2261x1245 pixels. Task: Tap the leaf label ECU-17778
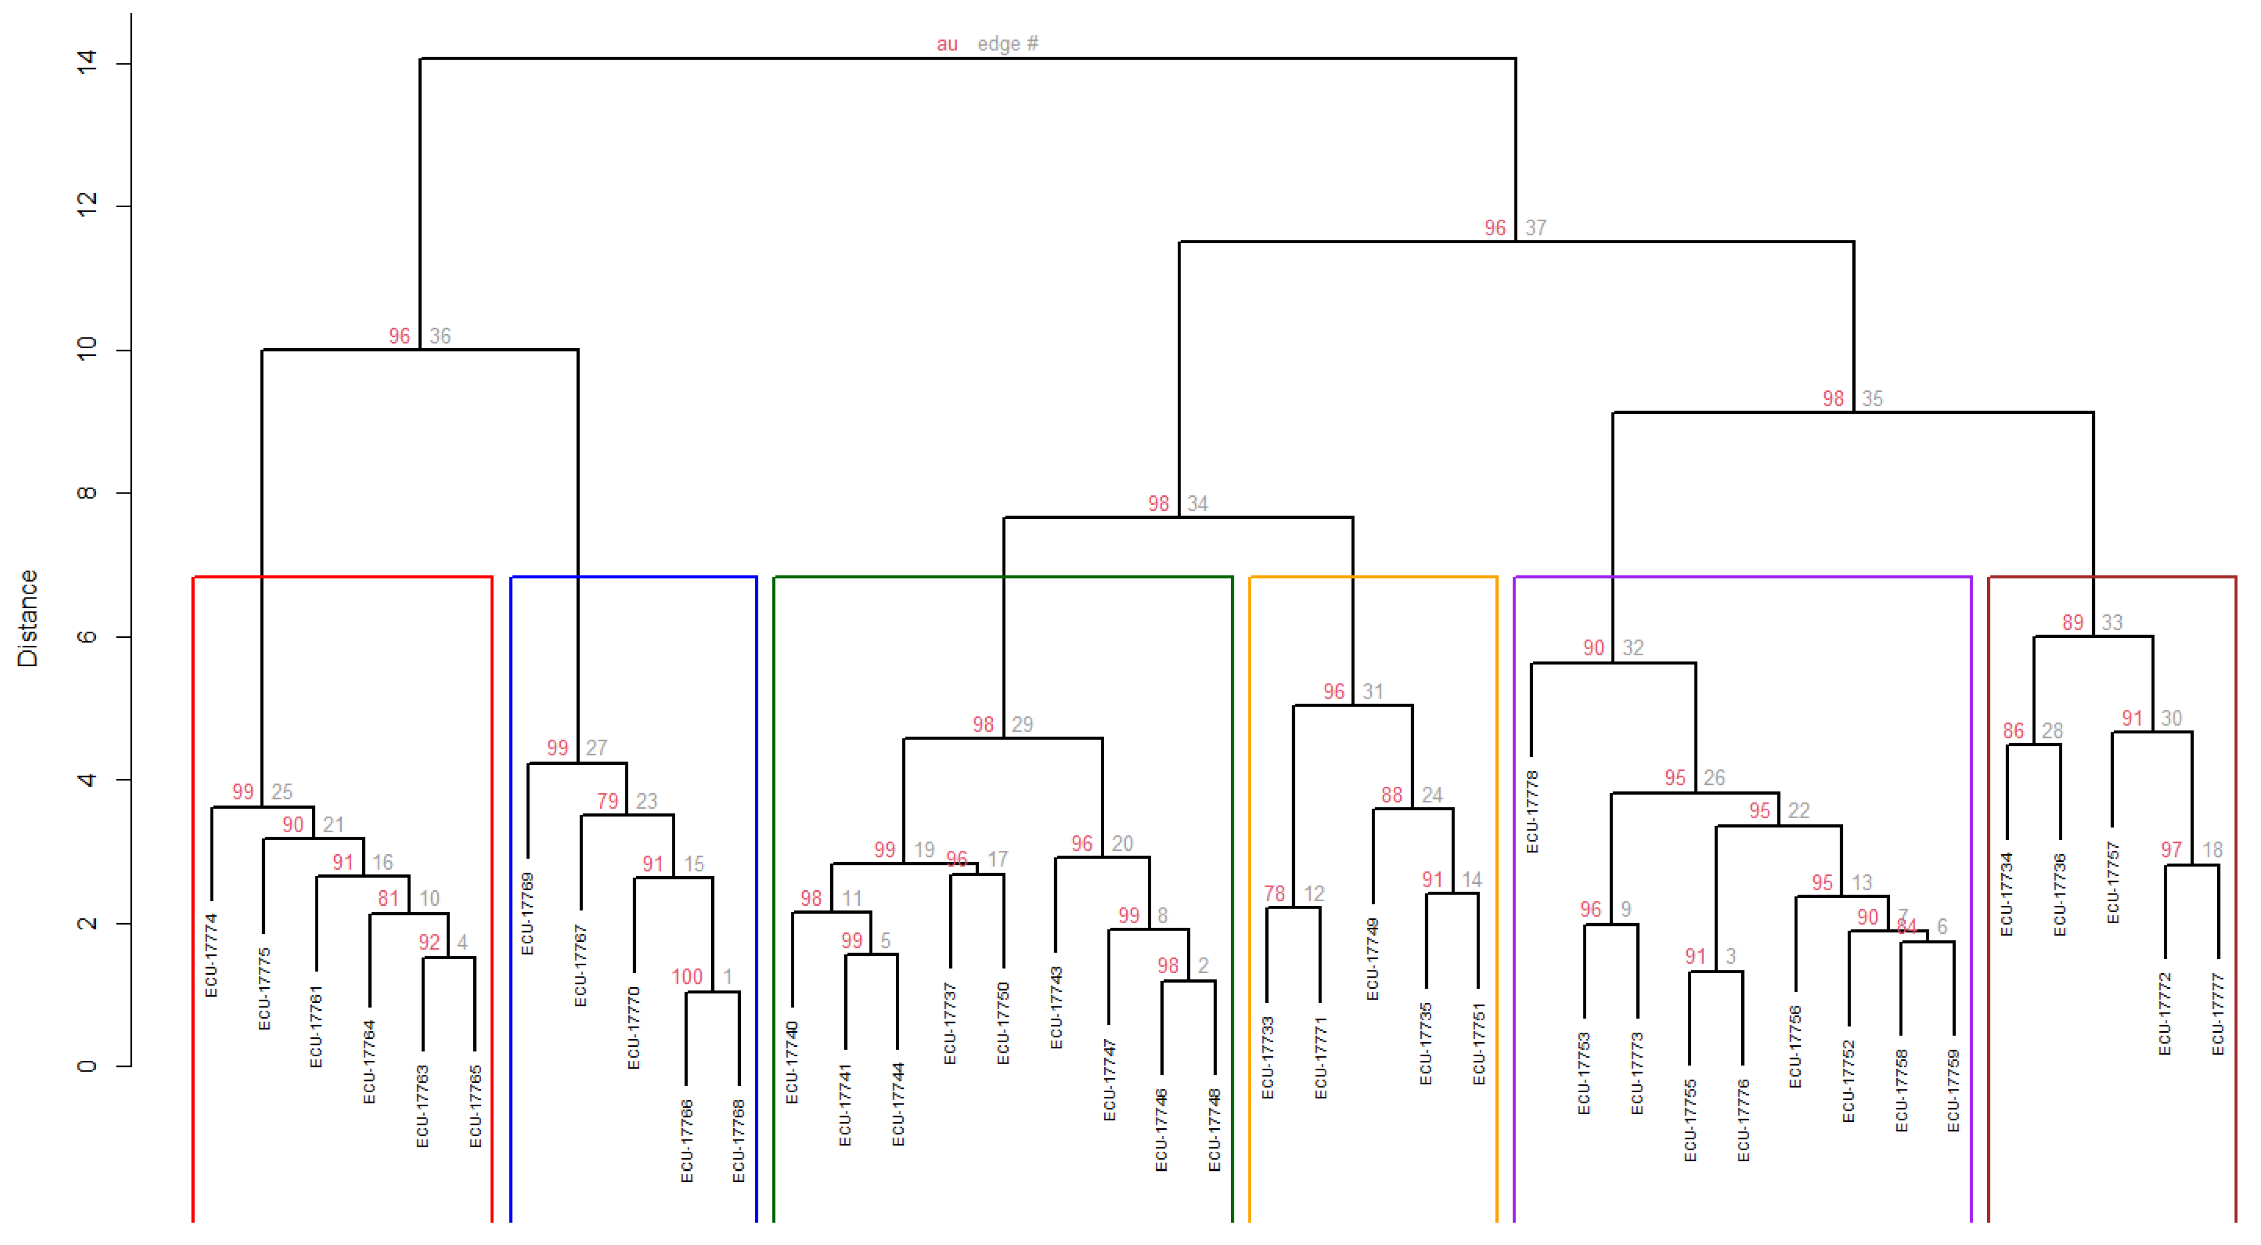pyautogui.click(x=1532, y=812)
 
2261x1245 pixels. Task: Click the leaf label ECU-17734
pyautogui.click(x=2007, y=894)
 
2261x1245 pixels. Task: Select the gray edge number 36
pyautogui.click(x=440, y=336)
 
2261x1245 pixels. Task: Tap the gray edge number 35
pyautogui.click(x=1872, y=399)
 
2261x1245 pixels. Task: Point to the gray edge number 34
pyautogui.click(x=1197, y=504)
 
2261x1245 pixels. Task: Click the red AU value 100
pyautogui.click(x=687, y=977)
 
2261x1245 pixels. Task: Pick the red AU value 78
pyautogui.click(x=1274, y=894)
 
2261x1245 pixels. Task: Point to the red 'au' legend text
pyautogui.click(x=947, y=44)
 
